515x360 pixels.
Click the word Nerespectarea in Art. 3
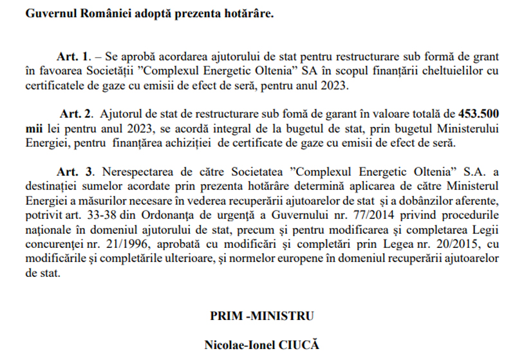point(129,173)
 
